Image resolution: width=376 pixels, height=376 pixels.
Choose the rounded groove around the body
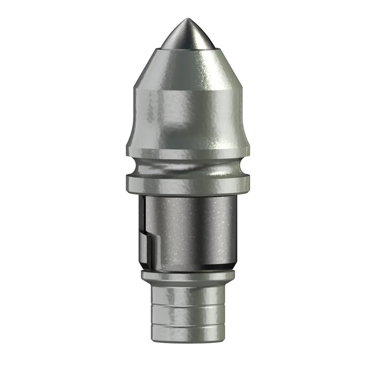[x=188, y=166]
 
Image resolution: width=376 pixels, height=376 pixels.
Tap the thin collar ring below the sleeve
[x=188, y=276]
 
